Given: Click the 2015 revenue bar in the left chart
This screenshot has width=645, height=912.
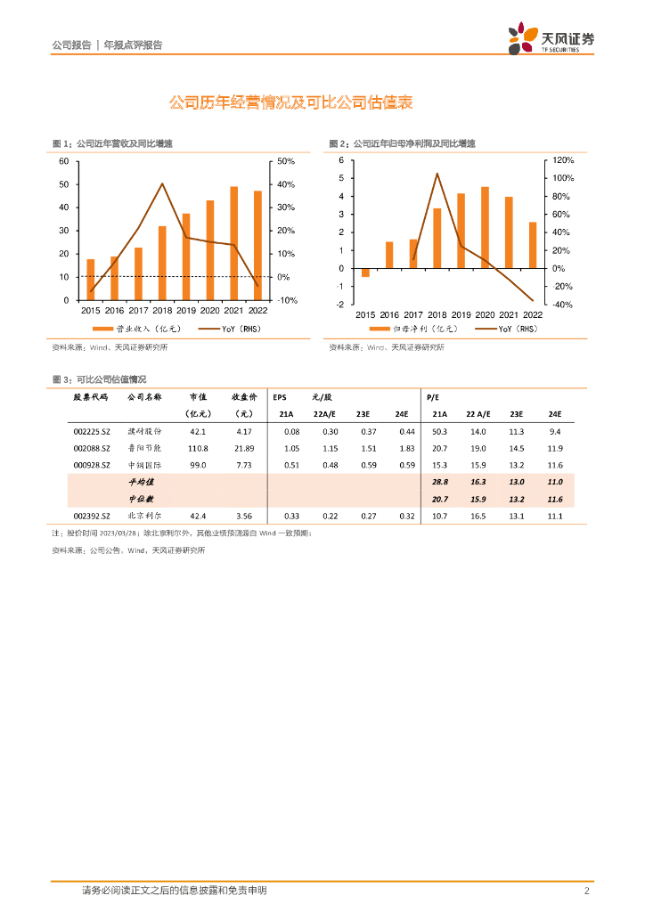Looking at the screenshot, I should [90, 280].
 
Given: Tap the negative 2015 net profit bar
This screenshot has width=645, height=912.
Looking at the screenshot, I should [365, 273].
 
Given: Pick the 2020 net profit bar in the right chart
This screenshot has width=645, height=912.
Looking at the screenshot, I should [485, 227].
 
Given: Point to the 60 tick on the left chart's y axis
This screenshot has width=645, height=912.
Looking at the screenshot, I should [63, 161].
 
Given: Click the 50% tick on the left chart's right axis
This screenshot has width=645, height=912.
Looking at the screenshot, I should [286, 161].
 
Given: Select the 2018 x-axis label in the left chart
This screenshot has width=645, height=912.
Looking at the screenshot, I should [162, 311].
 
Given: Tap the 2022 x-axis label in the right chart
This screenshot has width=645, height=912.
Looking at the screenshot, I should [533, 315].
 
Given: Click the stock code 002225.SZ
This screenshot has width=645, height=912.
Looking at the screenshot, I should [91, 432].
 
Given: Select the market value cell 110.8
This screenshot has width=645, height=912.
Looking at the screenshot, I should [197, 448].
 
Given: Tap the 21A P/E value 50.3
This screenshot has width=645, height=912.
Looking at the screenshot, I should [440, 432].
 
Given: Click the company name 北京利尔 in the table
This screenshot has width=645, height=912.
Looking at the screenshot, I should [144, 516].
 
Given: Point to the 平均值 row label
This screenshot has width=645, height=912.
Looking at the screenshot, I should [143, 482].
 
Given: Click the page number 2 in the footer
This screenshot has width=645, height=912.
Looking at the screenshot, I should [586, 891].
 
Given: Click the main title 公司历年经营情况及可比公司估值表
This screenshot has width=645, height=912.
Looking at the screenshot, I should [290, 103].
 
